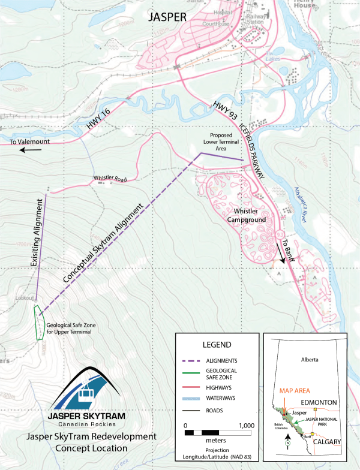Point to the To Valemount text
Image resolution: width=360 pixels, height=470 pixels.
[31, 142]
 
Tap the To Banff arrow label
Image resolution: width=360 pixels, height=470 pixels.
[281, 249]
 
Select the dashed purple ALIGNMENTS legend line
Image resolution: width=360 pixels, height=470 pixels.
[194, 360]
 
